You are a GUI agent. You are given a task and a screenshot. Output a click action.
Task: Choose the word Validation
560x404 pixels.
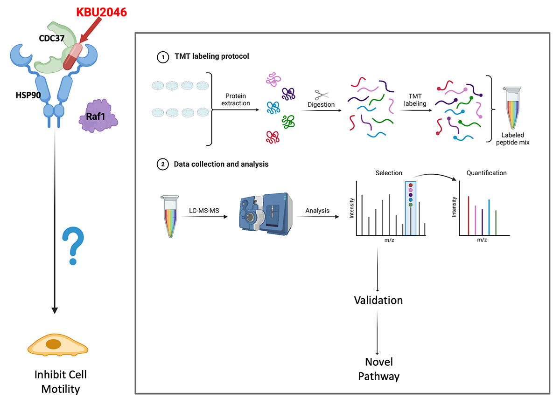[378, 300]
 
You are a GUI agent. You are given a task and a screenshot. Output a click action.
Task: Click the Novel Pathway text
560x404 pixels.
[378, 369]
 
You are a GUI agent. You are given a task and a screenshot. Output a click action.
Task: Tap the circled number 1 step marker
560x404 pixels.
[161, 56]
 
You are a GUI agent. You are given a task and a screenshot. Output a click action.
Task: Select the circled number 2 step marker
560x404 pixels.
[161, 164]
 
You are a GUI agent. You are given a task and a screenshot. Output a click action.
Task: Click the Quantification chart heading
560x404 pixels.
[486, 173]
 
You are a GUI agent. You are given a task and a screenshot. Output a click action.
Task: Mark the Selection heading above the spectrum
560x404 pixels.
[388, 173]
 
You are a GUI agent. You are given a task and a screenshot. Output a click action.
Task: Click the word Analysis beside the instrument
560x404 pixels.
[317, 211]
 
